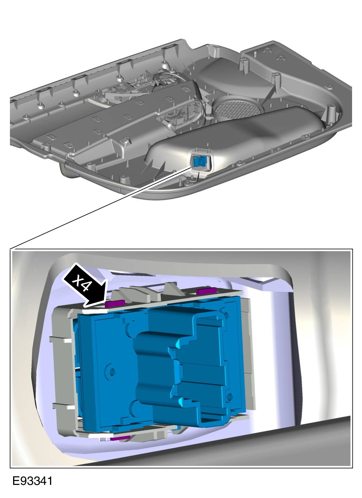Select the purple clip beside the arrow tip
115,303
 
